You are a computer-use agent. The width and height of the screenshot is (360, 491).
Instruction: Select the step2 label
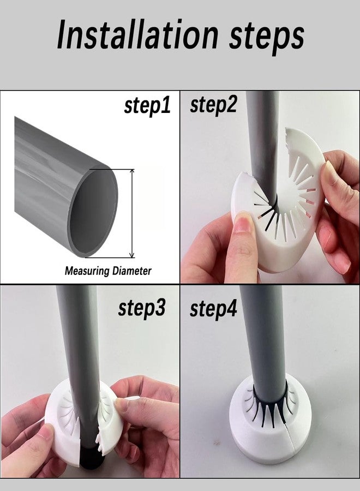pyautogui.click(x=213, y=104)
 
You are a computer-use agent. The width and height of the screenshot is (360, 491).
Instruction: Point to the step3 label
pyautogui.click(x=141, y=308)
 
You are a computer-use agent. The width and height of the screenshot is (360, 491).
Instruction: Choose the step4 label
pyautogui.click(x=213, y=309)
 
